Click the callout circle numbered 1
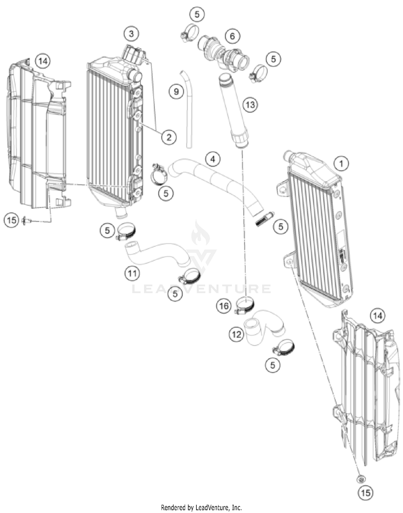[x=341, y=163]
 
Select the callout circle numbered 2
[x=169, y=137]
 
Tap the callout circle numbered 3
[x=131, y=34]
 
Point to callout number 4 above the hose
[x=213, y=159]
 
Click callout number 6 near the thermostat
[x=232, y=36]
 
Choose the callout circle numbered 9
[x=176, y=92]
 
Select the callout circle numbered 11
[x=132, y=273]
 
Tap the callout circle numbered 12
[x=236, y=334]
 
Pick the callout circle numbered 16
[x=224, y=306]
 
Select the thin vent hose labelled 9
[x=188, y=113]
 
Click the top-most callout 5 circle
[x=197, y=14]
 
